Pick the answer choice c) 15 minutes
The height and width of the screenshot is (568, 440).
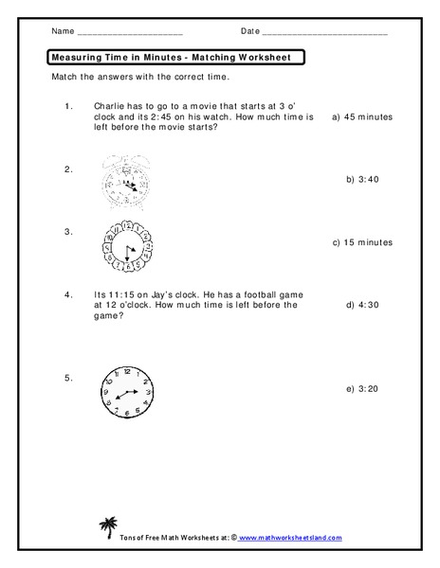point(361,242)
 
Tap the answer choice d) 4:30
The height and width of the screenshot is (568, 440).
point(363,305)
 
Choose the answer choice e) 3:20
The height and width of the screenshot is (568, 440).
point(363,388)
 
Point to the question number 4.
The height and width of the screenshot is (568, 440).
point(68,293)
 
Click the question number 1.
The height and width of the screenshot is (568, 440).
point(68,106)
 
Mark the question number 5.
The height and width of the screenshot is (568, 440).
point(68,378)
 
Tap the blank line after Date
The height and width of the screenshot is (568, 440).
point(325,34)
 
